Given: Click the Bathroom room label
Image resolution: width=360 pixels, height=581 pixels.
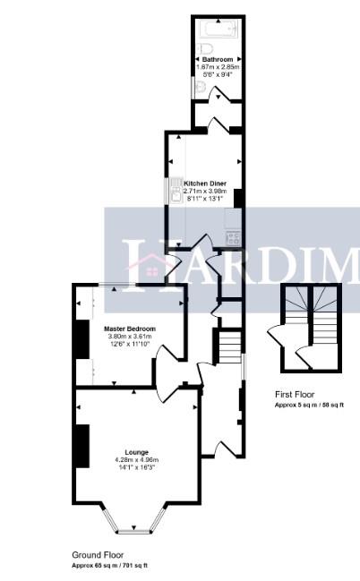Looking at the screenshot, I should coord(218,59).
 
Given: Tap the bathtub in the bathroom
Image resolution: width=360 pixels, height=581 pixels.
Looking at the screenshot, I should coord(218,28).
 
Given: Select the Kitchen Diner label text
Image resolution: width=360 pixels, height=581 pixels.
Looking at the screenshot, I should coord(204,182).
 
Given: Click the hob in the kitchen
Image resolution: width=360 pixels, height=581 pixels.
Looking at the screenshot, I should coord(234,237).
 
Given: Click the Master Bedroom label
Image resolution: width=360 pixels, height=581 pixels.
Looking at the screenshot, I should coord(131,329).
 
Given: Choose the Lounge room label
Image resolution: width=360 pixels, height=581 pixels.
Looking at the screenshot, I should coord(137,452).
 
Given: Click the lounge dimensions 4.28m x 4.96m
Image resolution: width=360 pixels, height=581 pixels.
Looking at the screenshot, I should coord(137,460).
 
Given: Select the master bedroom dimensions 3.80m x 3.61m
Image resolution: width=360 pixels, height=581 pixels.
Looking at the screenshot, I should coord(131,337).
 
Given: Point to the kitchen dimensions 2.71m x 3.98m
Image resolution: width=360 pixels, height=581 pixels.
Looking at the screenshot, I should coord(205,191).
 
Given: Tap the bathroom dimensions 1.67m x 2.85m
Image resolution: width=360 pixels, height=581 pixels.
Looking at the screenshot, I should coord(218,67).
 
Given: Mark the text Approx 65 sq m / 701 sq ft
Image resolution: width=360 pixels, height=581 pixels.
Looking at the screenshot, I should coord(109,566).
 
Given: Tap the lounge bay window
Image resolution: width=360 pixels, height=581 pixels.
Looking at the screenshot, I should coord(136,522).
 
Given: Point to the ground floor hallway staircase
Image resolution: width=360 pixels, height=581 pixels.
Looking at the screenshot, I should coord(230,344).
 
